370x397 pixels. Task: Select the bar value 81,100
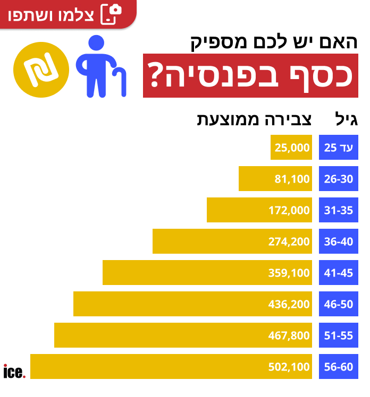tap(292, 179)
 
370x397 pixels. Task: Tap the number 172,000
tap(289, 211)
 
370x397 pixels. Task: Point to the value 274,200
tap(289, 242)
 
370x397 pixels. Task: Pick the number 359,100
tap(289, 273)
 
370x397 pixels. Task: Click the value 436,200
tap(289, 305)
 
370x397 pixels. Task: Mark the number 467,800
tap(289, 336)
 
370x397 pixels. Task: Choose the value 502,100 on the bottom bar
tap(289, 367)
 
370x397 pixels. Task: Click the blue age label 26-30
tap(339, 179)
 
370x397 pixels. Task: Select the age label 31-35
tap(339, 211)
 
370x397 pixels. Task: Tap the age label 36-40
tap(339, 242)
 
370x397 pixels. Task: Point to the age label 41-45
tap(339, 273)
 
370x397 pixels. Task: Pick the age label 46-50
tap(339, 305)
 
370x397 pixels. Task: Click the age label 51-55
tap(339, 336)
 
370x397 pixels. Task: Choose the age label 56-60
tap(339, 367)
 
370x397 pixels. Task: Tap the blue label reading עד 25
tap(339, 148)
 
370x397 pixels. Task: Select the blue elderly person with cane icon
tap(101, 66)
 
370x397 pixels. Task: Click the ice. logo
tap(14, 372)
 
